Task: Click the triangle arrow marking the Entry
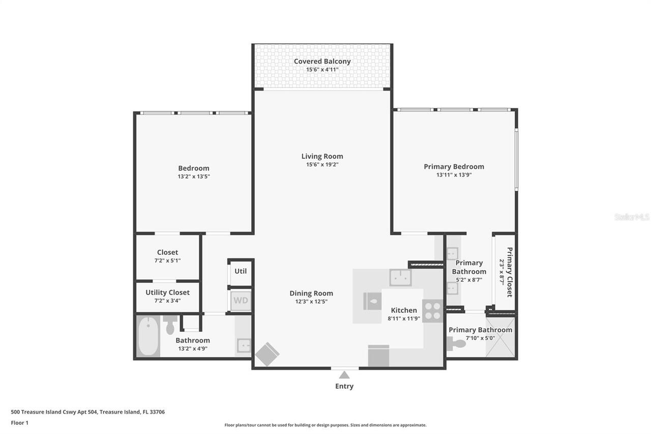click(344, 375)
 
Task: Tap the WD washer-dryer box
click(241, 301)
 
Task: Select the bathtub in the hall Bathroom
click(148, 336)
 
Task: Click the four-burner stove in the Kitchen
click(433, 310)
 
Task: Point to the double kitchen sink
click(400, 278)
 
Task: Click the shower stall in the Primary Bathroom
click(500, 337)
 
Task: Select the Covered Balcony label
click(322, 62)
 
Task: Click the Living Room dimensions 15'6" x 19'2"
click(322, 165)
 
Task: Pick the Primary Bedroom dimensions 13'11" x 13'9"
click(454, 175)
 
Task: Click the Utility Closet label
click(167, 293)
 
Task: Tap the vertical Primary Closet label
click(510, 272)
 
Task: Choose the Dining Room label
click(311, 293)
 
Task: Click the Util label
click(241, 271)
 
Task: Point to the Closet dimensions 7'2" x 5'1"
click(167, 261)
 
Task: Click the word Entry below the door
click(344, 386)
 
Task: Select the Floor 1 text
click(19, 422)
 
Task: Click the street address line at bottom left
click(87, 412)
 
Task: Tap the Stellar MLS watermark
click(632, 217)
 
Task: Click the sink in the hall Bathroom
click(244, 346)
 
